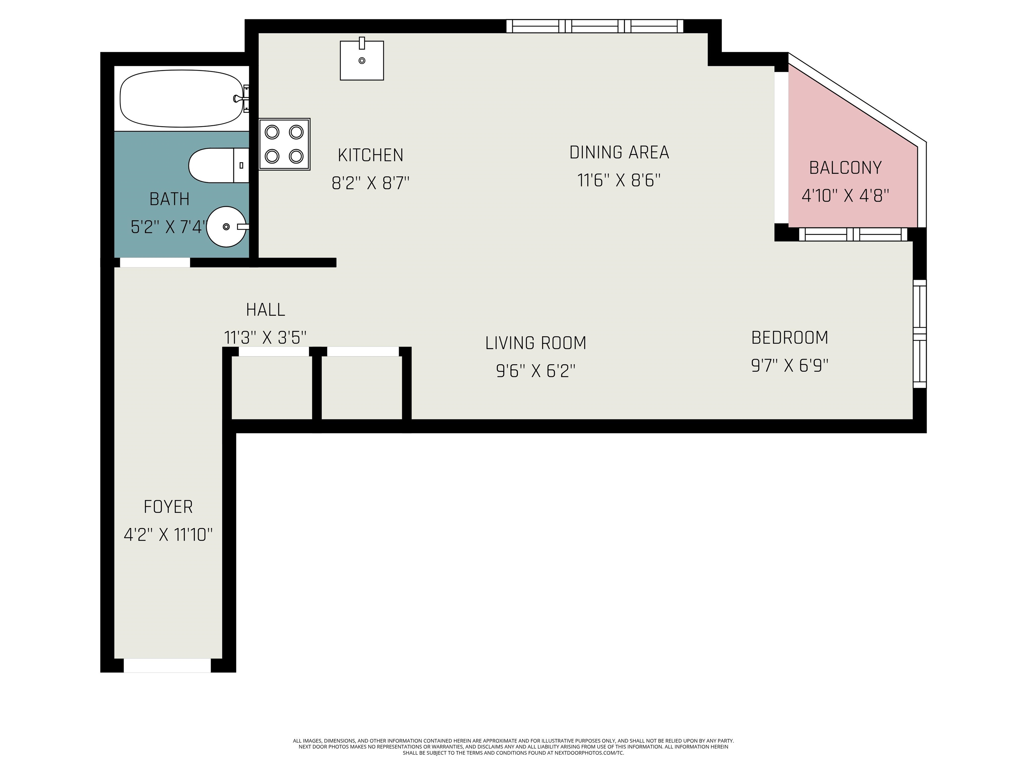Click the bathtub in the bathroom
coord(182,98)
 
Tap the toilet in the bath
coord(219,165)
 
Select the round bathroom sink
coord(227,227)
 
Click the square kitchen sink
coord(362,59)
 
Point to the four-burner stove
coord(284,144)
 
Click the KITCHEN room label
coord(370,155)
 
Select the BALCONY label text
coord(845,167)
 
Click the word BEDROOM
coord(789,338)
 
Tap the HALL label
coord(265,309)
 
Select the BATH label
coord(169,199)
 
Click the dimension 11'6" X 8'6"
coord(618,180)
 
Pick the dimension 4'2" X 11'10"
coord(168,535)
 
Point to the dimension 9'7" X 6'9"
coord(789,366)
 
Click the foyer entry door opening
coord(167,665)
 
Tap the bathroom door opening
coord(155,262)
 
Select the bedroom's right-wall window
coord(920,334)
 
